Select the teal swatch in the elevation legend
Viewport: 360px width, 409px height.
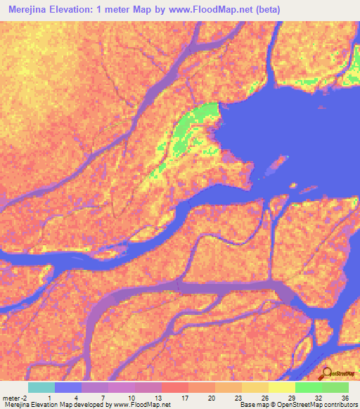pyautogui.click(x=41, y=387)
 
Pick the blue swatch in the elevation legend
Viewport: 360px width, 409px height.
pyautogui.click(x=68, y=387)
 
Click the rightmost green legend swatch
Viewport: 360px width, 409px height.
pyautogui.click(x=335, y=387)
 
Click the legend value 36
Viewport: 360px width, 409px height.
pyautogui.click(x=344, y=398)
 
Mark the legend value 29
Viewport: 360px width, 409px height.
pyautogui.click(x=291, y=398)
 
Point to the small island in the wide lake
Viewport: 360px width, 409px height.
pyautogui.click(x=274, y=165)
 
